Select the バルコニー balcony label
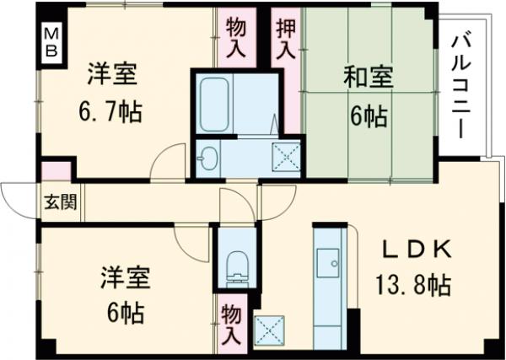click(x=460, y=85)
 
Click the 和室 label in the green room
click(x=368, y=78)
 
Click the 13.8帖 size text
click(x=413, y=284)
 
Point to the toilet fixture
click(x=238, y=264)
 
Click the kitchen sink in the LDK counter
click(x=326, y=266)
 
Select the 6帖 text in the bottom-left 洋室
click(x=122, y=312)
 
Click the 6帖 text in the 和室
click(x=369, y=116)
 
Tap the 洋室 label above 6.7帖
click(x=113, y=73)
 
